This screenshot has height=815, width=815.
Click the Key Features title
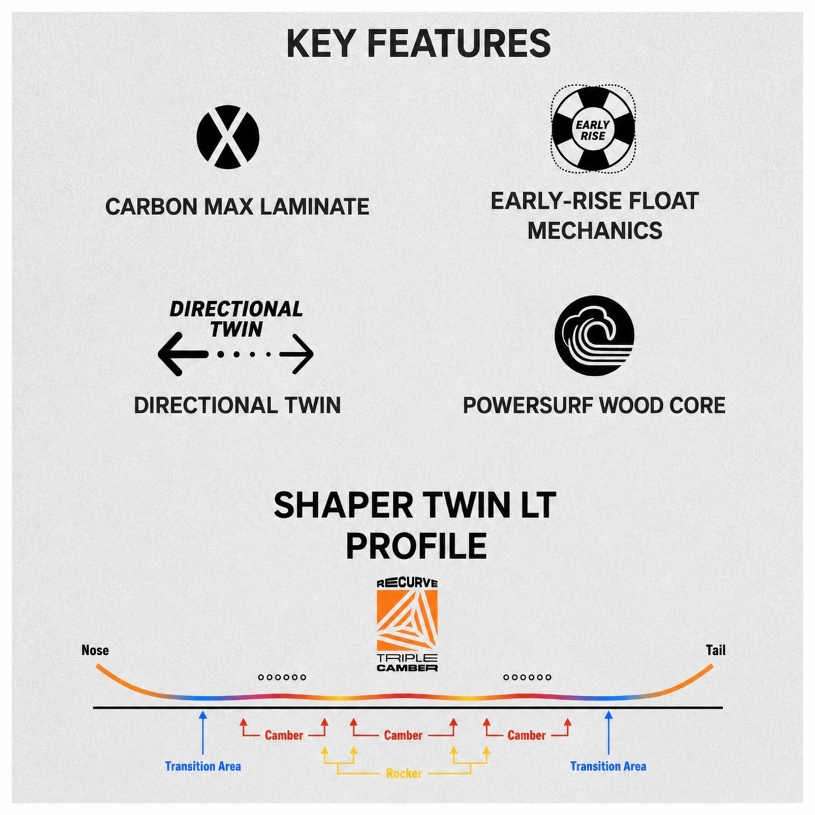point(418,44)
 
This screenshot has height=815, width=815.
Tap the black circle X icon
point(228,137)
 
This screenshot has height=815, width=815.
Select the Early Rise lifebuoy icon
point(593,129)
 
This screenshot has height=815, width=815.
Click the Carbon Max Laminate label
point(237,207)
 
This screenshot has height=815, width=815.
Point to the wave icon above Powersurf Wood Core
point(594,336)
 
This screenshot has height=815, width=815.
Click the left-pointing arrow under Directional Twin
point(183,354)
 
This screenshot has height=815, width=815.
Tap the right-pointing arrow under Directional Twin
point(296,354)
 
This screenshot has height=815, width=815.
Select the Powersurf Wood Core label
point(594,405)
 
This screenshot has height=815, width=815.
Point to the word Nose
point(95,650)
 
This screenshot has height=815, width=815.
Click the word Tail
point(716,650)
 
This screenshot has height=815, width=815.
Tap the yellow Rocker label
point(404,774)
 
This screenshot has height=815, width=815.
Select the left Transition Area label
point(203,766)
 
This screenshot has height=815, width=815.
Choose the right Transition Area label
point(608,766)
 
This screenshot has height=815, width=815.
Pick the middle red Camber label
point(403,735)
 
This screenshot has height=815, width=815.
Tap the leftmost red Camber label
point(284,735)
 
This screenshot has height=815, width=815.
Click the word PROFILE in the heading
point(416,546)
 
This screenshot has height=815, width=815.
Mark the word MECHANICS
point(595,230)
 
